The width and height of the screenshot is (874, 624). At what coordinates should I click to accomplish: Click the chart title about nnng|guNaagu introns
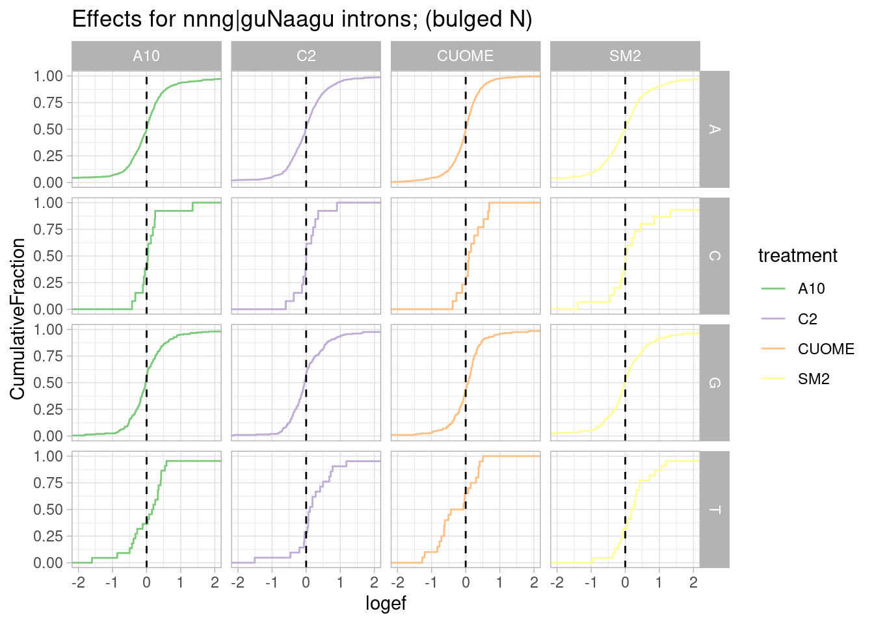[x=302, y=19]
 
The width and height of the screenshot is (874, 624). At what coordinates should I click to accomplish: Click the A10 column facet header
[x=146, y=56]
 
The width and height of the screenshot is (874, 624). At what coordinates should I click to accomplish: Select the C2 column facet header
[x=306, y=56]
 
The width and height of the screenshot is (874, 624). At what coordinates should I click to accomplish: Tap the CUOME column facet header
[x=466, y=56]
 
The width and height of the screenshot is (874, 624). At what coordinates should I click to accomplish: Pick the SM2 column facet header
[x=625, y=56]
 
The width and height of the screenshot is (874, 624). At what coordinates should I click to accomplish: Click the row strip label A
[x=714, y=129]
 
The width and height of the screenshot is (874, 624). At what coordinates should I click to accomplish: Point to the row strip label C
[x=714, y=256]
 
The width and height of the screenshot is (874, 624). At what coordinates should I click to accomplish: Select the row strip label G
[x=714, y=383]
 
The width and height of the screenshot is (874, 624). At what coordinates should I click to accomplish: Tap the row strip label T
[x=714, y=510]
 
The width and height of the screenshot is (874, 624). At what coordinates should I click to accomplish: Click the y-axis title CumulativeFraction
[x=18, y=318]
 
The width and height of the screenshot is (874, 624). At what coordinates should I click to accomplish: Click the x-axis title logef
[x=386, y=603]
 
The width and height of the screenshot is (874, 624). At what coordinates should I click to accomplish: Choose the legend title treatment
[x=797, y=255]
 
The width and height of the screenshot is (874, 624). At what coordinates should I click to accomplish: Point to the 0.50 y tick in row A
[x=48, y=129]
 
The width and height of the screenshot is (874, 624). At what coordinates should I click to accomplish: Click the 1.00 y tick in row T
[x=48, y=456]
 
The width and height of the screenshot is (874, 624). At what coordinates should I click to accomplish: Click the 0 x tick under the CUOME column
[x=466, y=582]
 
